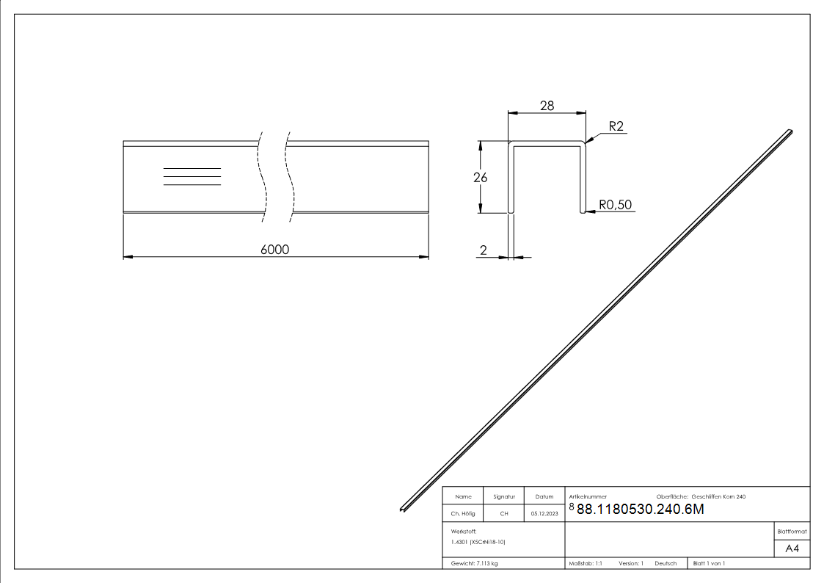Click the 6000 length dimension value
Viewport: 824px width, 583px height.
tap(275, 250)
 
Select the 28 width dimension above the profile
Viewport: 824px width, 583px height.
tap(547, 106)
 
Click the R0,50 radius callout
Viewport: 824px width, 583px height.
tap(616, 205)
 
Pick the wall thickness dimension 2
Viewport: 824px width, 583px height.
tap(483, 250)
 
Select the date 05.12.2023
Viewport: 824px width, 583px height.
tap(544, 514)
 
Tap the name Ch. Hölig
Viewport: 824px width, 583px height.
tap(463, 514)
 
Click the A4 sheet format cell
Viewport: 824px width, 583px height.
tap(792, 548)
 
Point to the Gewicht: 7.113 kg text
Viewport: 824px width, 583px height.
tap(475, 564)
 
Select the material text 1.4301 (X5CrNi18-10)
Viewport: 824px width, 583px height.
tap(478, 542)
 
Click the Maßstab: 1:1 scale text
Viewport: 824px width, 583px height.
tap(586, 564)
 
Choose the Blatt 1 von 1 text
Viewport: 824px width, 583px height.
tap(709, 564)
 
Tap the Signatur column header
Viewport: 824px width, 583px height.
tap(504, 497)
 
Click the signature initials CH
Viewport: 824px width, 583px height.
tap(504, 514)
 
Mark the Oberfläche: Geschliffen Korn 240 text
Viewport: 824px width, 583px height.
tap(701, 497)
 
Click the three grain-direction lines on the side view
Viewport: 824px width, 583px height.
tap(192, 176)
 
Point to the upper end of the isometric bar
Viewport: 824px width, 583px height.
tap(789, 133)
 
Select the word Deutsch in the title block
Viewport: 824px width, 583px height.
tap(666, 564)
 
